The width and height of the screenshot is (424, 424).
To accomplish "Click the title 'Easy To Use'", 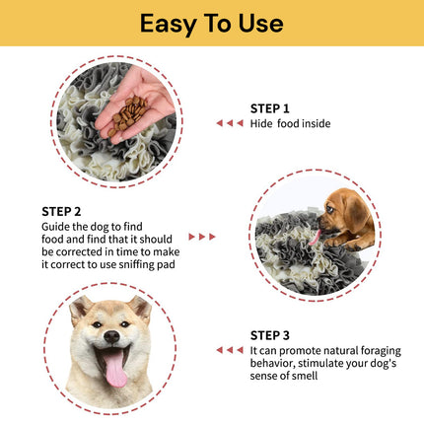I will (x=211, y=23).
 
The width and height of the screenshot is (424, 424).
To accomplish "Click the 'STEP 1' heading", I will (x=271, y=108).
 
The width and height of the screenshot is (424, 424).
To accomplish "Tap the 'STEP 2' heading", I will (x=61, y=211).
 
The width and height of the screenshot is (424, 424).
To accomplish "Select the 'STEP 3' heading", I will (x=271, y=334).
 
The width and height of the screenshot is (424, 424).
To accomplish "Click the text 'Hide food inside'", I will (x=291, y=123).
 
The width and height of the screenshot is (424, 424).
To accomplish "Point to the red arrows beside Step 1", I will (x=229, y=123).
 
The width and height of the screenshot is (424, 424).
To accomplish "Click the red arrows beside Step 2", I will (x=201, y=237).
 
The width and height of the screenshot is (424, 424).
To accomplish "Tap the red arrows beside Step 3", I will (x=229, y=349).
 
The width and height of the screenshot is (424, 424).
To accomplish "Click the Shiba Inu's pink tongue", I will (x=115, y=371).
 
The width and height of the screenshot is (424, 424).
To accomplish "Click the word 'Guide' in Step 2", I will (x=57, y=225).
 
